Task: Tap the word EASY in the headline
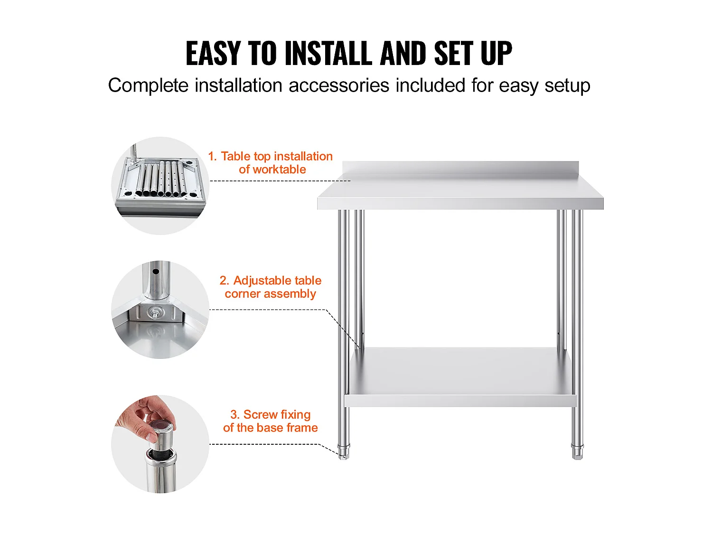pos(214,54)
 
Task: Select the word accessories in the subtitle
pos(338,86)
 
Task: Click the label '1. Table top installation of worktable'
pos(270,163)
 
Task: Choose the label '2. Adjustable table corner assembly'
pos(270,287)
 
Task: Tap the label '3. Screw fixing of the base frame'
pos(270,421)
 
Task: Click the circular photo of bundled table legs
pos(160,186)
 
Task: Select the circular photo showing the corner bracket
pos(160,310)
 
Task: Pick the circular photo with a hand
pos(160,444)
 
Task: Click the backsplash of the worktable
pos(460,168)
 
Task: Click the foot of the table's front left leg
pos(344,452)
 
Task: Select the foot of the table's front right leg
pos(577,452)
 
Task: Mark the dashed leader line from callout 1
pos(280,180)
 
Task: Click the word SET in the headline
pos(455,54)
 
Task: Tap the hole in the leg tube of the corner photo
pos(156,272)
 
